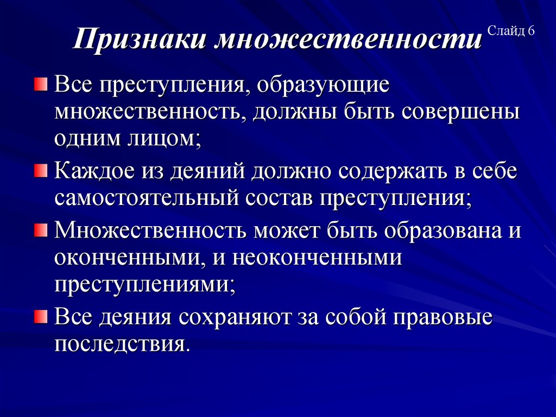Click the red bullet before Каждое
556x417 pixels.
click(41, 172)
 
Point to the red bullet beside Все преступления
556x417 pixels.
click(41, 84)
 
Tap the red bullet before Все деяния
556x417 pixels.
click(41, 316)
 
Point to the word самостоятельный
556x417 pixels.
click(146, 198)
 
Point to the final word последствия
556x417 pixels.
click(122, 344)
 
